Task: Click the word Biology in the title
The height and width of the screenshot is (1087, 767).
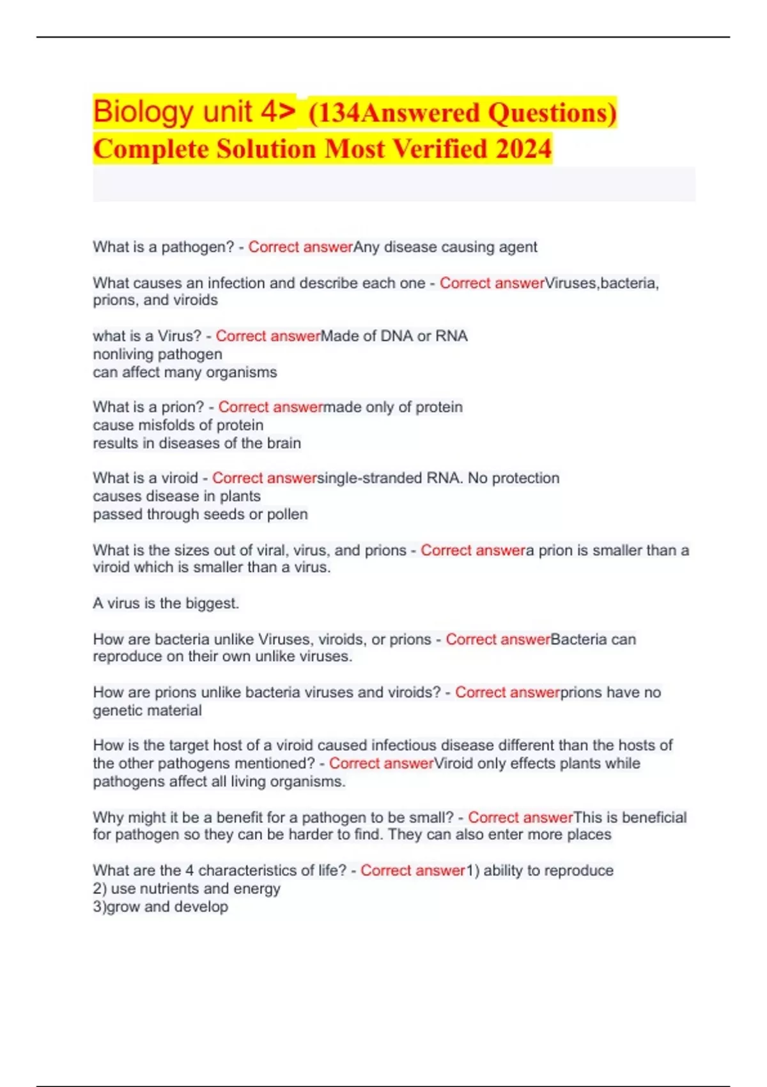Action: coord(141,112)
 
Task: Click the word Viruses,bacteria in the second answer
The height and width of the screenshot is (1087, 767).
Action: coord(601,283)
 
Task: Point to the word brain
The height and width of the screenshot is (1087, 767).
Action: coord(284,443)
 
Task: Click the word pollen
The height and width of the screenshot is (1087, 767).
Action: coord(288,514)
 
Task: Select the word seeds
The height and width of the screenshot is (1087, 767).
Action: coord(224,514)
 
